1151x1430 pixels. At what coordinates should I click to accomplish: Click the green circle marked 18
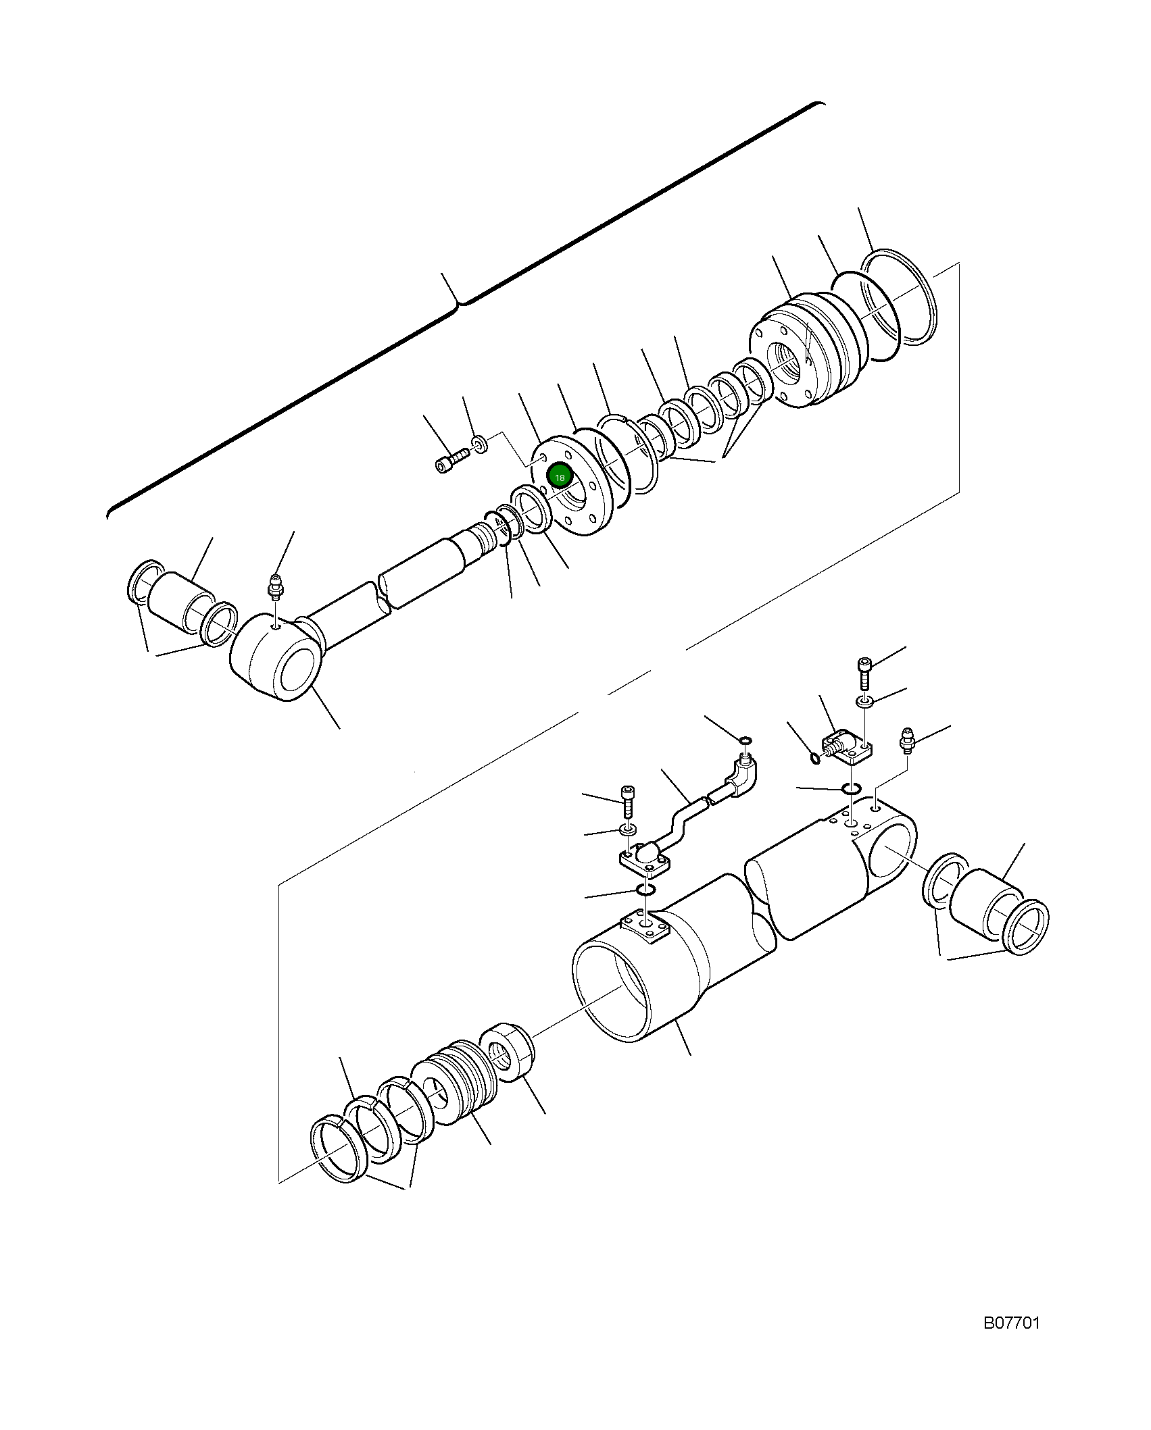coord(560,478)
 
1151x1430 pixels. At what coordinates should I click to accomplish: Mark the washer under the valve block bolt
coord(864,703)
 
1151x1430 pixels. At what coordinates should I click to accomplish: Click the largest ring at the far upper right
coord(900,297)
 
